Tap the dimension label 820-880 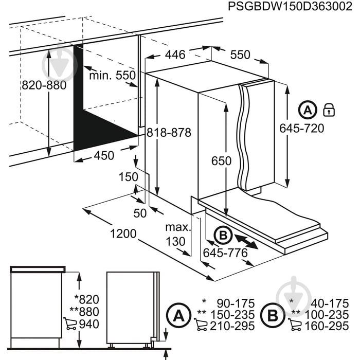pyautogui.click(x=44, y=85)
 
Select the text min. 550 pyautogui.click(x=112, y=76)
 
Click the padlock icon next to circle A pyautogui.click(x=328, y=110)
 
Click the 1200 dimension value pyautogui.click(x=123, y=234)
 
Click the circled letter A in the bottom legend pyautogui.click(x=177, y=314)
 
